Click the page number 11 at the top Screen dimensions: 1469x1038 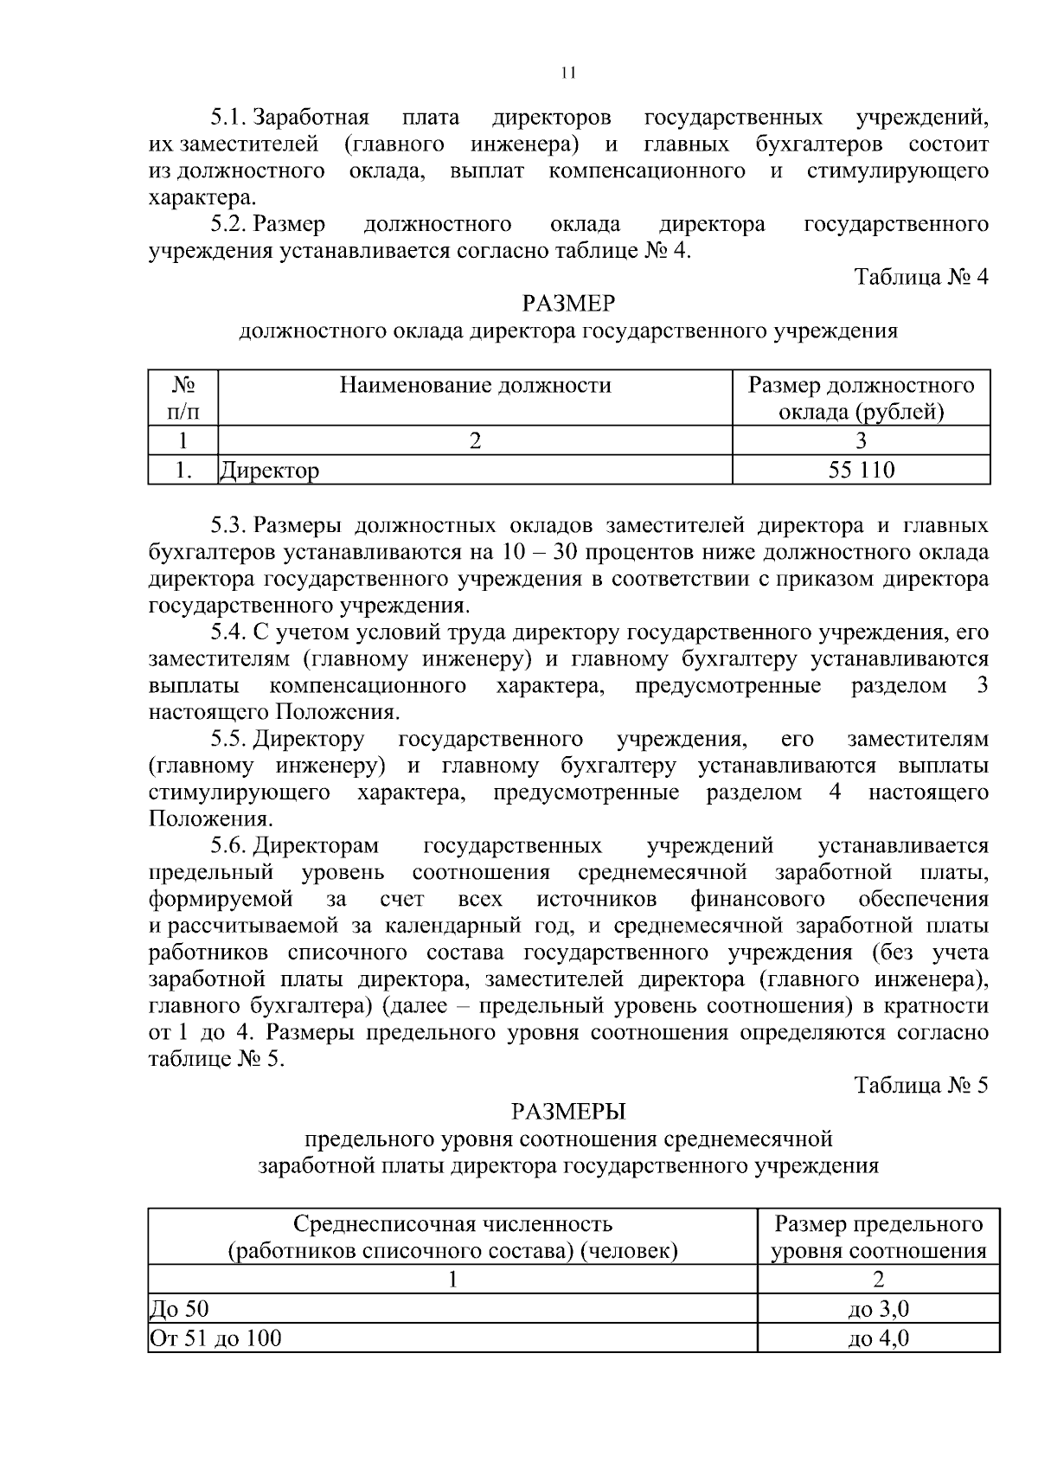[x=568, y=74]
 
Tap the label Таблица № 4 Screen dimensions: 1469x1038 [x=920, y=277]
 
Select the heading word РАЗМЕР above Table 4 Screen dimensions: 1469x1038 [x=568, y=304]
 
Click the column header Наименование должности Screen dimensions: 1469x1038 [x=475, y=385]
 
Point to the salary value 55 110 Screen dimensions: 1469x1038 [x=861, y=471]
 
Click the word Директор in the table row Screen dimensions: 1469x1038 [x=270, y=471]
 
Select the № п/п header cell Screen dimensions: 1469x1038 [x=183, y=398]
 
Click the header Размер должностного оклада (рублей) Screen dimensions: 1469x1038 [x=861, y=398]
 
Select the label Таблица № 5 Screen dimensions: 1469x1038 [x=920, y=1085]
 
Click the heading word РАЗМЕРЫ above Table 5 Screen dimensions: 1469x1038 [x=568, y=1112]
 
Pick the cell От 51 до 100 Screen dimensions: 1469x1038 [x=216, y=1338]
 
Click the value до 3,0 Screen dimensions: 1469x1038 [x=878, y=1310]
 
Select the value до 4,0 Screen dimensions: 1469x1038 [x=878, y=1338]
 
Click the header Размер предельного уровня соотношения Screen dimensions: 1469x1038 [x=878, y=1237]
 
